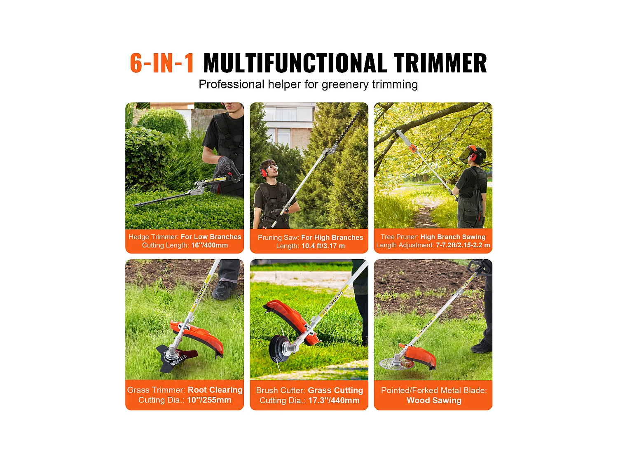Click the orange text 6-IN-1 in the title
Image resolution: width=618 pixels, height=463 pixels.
162,63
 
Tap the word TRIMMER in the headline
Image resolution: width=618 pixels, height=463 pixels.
440,63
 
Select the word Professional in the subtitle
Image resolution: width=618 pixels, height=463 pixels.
232,84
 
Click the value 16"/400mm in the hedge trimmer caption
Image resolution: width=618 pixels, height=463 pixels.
209,245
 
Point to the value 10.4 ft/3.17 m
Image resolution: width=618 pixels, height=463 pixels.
323,246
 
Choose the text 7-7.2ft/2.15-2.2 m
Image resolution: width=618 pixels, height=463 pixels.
463,245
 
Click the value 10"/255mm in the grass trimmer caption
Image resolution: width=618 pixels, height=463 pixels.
209,400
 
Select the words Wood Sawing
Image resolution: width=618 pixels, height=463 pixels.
434,400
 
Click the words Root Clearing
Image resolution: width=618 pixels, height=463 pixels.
215,390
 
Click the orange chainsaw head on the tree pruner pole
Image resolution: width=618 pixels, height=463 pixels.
412,149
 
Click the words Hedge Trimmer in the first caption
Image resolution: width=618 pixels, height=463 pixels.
153,237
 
